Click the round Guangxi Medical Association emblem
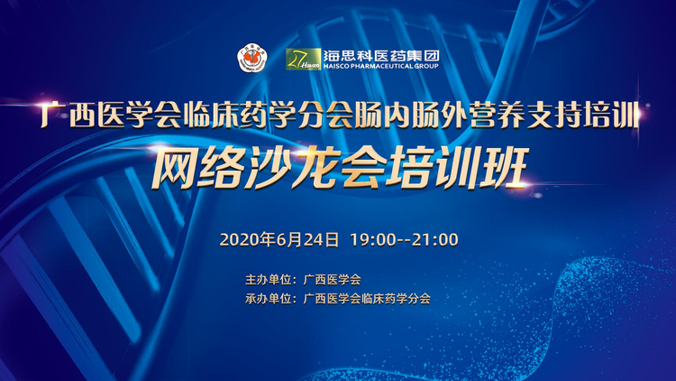point(252,58)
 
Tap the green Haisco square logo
point(303,60)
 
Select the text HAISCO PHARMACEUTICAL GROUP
point(380,66)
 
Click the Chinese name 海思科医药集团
point(381,55)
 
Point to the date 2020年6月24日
point(279,240)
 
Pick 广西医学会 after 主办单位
point(332,280)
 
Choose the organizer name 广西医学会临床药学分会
point(367,299)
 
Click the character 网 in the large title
point(173,168)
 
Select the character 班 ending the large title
point(503,168)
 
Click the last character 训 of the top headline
point(626,115)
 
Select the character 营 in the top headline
point(482,115)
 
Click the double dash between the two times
point(404,241)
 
